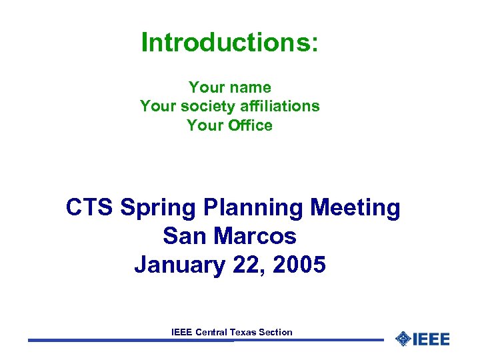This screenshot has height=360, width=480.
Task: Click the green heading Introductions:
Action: coord(230,43)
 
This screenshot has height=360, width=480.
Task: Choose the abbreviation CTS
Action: coord(90,208)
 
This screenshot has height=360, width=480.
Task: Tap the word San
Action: coord(180,236)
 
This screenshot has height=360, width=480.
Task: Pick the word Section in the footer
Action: coord(275,331)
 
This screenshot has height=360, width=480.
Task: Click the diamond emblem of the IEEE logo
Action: coord(403,339)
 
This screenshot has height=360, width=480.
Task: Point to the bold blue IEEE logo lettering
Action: coord(431,339)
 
